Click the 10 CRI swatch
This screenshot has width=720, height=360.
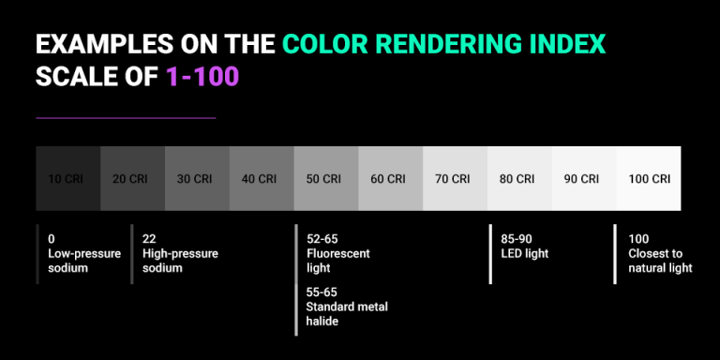(x=67, y=178)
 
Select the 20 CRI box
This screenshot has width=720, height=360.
(x=132, y=178)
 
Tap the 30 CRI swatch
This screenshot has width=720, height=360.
(x=197, y=178)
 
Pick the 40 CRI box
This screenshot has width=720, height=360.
(x=262, y=178)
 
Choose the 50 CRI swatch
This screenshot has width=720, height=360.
(x=325, y=178)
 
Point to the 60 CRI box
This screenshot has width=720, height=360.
(x=390, y=178)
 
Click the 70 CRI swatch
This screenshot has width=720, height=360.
(x=455, y=178)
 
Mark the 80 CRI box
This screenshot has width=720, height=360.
(x=519, y=178)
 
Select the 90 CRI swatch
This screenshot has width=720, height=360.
(x=584, y=178)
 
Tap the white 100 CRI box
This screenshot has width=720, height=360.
(x=649, y=178)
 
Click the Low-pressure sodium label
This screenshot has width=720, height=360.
(x=81, y=261)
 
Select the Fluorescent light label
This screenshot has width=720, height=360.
(x=338, y=261)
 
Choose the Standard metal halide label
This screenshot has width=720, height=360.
(x=347, y=314)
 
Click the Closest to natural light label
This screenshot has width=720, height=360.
(x=660, y=261)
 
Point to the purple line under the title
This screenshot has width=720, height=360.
(x=126, y=118)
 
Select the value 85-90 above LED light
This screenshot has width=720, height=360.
(x=518, y=239)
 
